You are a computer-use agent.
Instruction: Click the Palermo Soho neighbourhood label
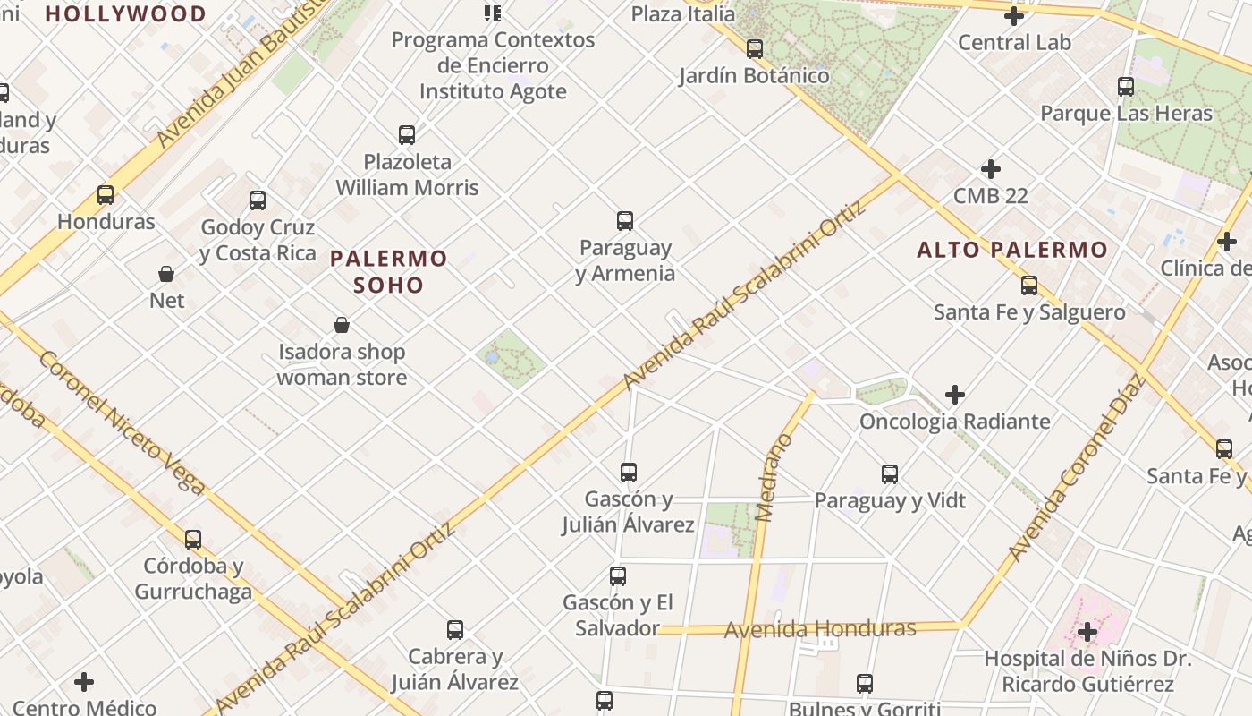388,272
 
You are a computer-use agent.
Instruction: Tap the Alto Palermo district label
1012,250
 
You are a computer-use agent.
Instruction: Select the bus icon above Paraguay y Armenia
625,220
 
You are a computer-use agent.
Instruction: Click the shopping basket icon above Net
166,273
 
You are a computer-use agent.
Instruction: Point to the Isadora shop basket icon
341,324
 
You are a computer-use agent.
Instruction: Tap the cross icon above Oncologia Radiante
955,394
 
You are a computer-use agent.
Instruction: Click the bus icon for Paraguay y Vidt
889,473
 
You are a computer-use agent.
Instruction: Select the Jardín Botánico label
754,75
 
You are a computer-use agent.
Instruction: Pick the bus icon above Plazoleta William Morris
407,135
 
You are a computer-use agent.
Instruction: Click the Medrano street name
774,478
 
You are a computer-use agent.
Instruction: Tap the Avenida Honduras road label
820,629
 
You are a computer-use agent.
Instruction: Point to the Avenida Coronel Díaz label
1077,468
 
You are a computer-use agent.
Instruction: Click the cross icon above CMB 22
990,168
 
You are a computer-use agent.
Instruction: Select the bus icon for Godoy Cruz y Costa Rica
258,200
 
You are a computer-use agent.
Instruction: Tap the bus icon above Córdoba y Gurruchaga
193,540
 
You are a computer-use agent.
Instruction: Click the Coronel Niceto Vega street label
122,421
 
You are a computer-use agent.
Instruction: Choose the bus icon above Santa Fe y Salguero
1029,286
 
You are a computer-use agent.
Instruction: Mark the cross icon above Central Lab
1014,15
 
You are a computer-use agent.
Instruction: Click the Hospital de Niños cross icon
1087,632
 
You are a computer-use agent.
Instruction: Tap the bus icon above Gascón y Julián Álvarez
629,472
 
